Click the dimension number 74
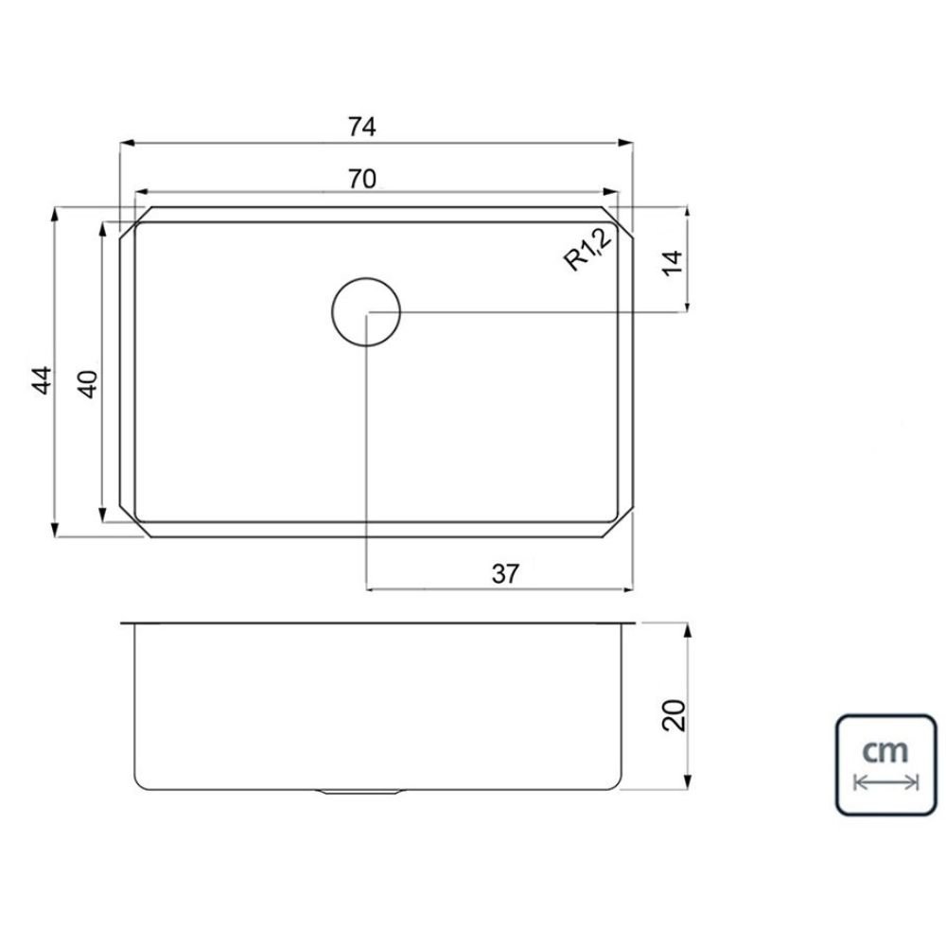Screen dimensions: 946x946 coord(362,127)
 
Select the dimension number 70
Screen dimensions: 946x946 coord(362,179)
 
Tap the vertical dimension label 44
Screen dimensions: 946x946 coord(43,380)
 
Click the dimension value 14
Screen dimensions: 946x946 coord(672,262)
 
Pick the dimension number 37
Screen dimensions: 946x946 coord(505,574)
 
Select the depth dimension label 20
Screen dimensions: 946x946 coord(674,715)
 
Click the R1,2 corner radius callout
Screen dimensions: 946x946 coord(587,250)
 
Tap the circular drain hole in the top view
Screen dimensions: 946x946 coord(366,312)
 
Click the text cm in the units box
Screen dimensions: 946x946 coord(885,751)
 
